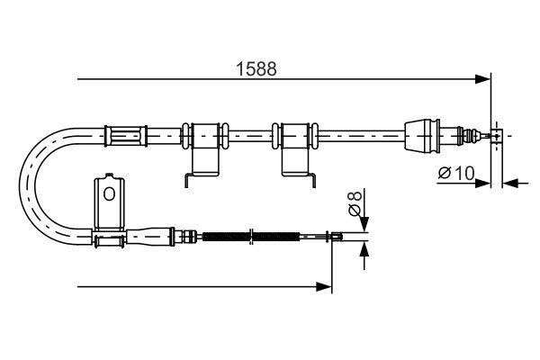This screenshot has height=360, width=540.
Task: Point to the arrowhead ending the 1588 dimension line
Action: click(483, 80)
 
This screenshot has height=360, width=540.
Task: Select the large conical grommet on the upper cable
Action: click(423, 136)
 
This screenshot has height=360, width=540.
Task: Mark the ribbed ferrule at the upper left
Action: click(126, 136)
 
